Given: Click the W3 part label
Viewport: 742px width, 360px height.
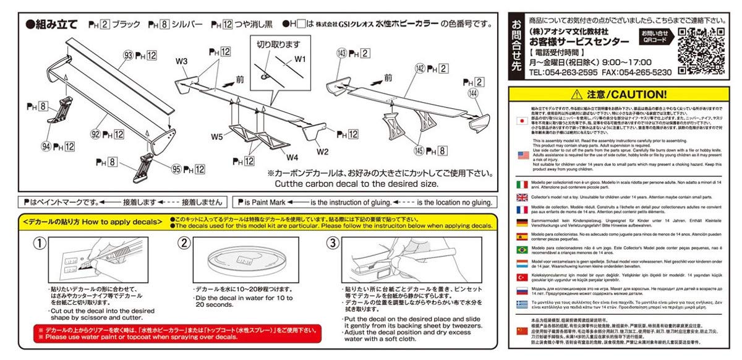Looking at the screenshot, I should point(181,61).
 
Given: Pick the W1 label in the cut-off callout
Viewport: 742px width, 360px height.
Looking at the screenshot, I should point(300,59).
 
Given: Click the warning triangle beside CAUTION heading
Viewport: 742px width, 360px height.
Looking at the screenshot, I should point(577,95).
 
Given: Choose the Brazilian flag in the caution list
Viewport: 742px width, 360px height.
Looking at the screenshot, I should point(521,249).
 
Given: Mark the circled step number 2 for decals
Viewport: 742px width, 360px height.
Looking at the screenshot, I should point(184,243).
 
